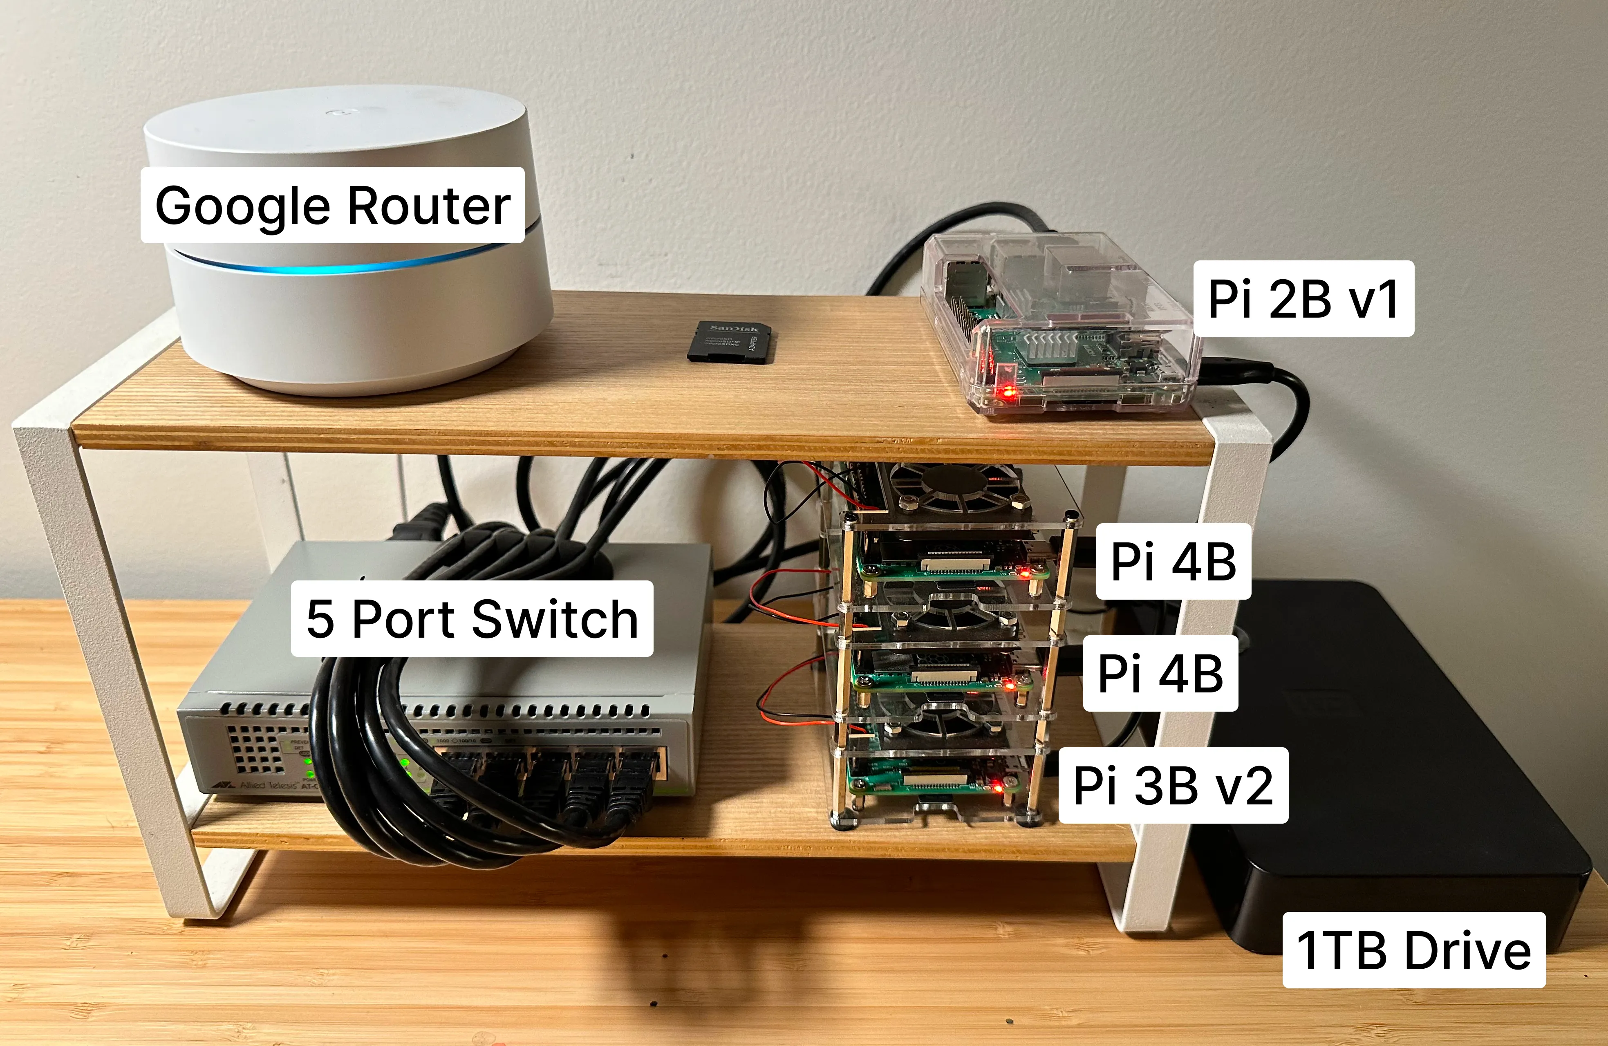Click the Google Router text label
click(332, 206)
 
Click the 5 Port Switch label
click(472, 618)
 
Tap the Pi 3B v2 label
click(1173, 785)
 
